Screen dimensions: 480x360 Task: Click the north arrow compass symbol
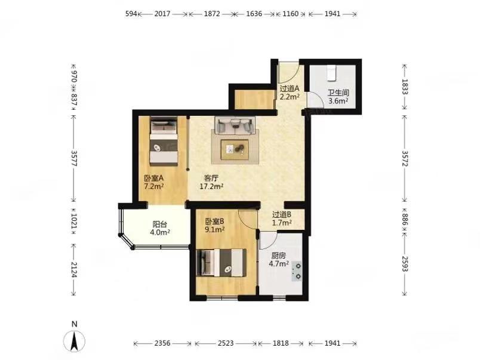point(74,341)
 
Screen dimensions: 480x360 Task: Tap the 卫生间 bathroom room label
point(339,93)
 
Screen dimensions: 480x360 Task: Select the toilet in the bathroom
point(332,73)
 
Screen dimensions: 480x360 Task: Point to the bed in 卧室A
point(164,141)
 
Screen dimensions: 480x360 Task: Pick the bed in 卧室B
point(221,263)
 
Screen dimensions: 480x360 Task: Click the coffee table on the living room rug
point(235,149)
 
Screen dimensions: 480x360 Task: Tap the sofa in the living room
point(235,125)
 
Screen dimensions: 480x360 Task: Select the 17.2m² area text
point(211,186)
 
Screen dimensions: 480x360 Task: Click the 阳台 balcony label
point(160,224)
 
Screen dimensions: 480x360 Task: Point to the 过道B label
point(282,214)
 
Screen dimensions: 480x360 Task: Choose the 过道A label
point(290,89)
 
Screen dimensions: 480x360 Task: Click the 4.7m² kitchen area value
point(279,263)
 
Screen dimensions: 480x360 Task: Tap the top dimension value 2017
point(162,14)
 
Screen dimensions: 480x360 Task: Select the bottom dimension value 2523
point(226,343)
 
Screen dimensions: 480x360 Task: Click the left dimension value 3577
point(74,158)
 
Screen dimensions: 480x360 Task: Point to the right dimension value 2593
point(405,263)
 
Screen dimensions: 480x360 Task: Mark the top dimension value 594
point(131,14)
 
